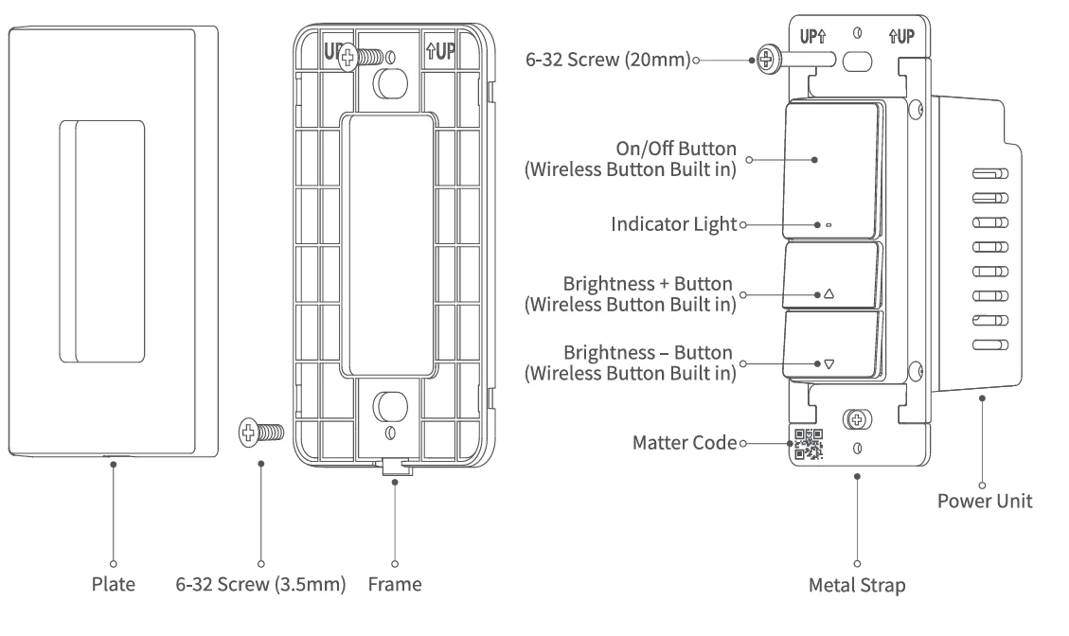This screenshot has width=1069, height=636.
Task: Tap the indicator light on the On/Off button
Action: click(828, 226)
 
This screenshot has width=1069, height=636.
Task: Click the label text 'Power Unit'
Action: click(985, 501)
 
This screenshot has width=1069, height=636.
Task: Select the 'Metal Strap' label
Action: click(857, 585)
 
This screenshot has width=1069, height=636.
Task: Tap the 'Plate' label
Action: click(114, 584)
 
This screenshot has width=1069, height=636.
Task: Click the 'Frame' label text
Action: click(395, 584)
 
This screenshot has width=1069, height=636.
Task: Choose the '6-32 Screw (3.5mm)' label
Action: click(261, 584)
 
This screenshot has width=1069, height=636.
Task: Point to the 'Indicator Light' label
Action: click(672, 225)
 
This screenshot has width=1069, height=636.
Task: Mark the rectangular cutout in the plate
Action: click(102, 240)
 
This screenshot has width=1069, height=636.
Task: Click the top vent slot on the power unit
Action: click(989, 175)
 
